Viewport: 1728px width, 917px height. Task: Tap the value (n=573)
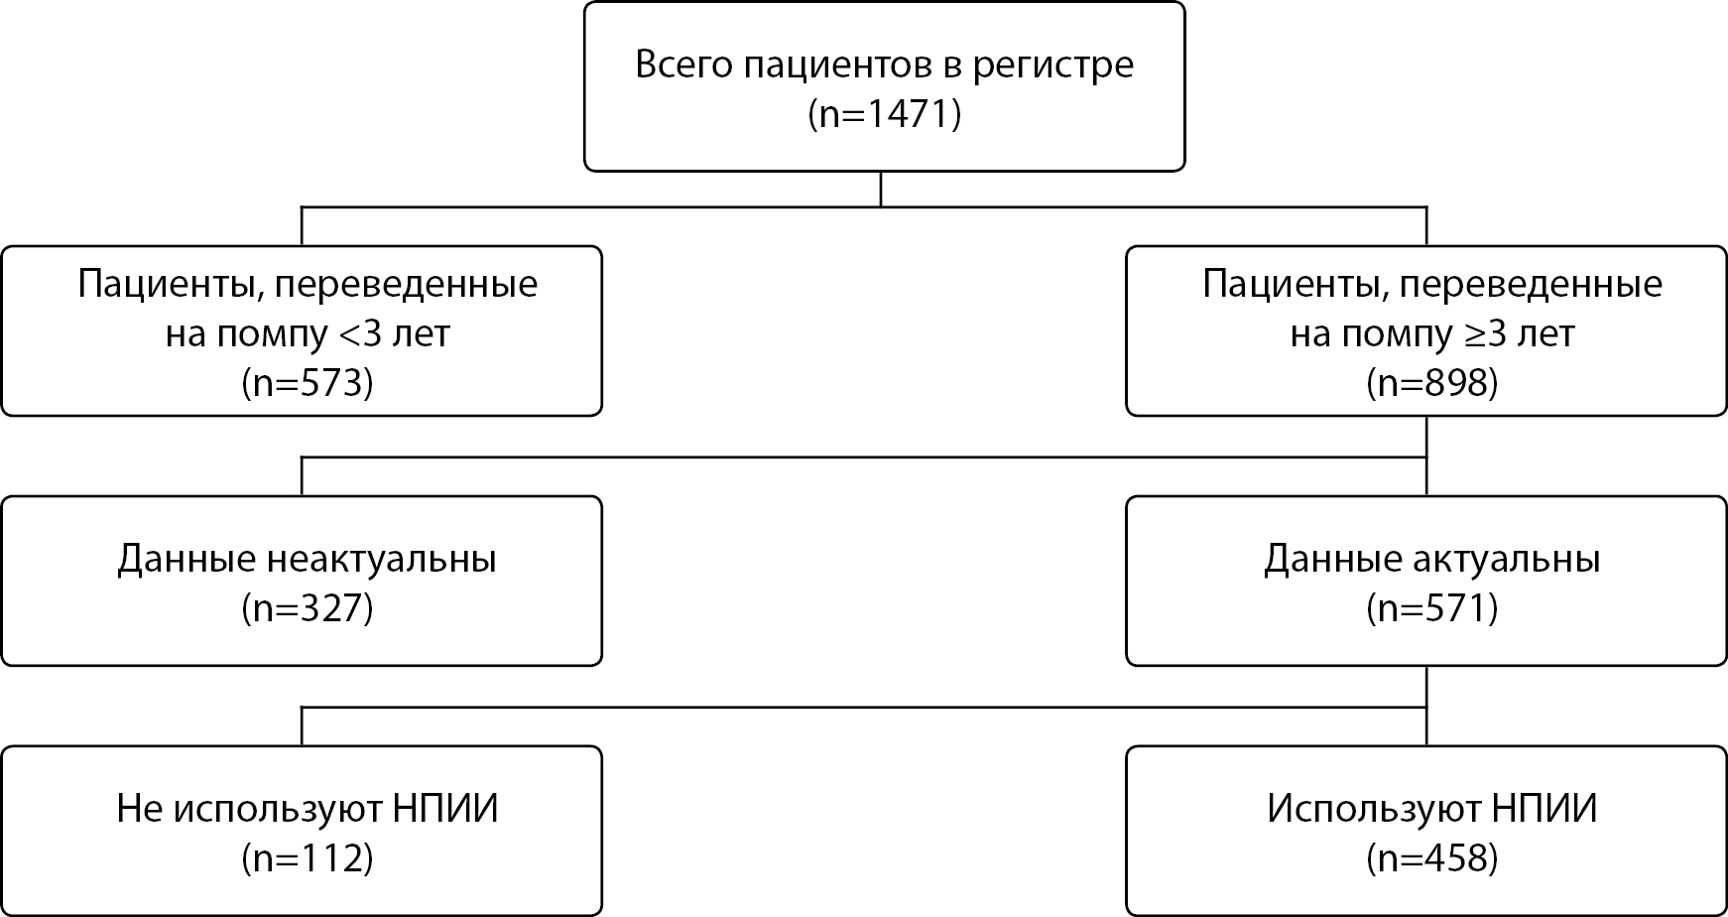pyautogui.click(x=308, y=382)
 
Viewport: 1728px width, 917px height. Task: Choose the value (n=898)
pyautogui.click(x=1431, y=382)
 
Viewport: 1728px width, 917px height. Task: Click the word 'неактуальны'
pyautogui.click(x=382, y=560)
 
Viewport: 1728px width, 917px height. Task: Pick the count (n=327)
pyautogui.click(x=308, y=607)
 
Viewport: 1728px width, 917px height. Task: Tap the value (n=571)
pyautogui.click(x=1431, y=607)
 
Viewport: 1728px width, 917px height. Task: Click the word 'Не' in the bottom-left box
pyautogui.click(x=140, y=809)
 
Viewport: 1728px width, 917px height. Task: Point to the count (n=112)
pyautogui.click(x=308, y=857)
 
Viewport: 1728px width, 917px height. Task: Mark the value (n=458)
pyautogui.click(x=1431, y=857)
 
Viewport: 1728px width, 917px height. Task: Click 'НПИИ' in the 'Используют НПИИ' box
pyautogui.click(x=1544, y=809)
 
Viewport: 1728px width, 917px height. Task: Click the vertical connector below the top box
pyautogui.click(x=881, y=190)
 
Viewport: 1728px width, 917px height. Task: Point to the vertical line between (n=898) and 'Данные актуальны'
pyautogui.click(x=1426, y=456)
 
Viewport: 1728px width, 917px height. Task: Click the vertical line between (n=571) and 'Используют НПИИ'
pyautogui.click(x=1426, y=706)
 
